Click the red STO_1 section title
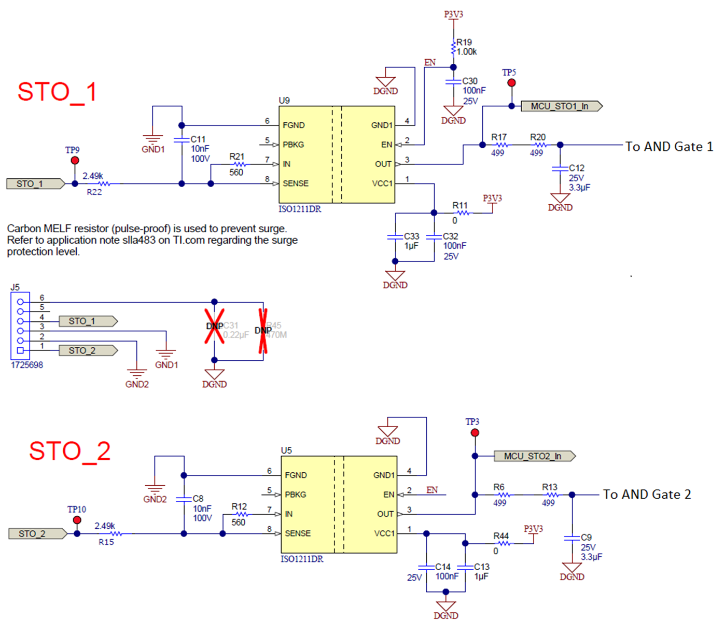tap(57, 92)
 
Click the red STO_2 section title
tap(69, 451)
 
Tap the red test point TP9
tap(75, 161)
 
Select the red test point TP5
tap(511, 83)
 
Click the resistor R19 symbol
tap(453, 48)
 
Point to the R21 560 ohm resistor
tap(239, 164)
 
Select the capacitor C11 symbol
tap(182, 140)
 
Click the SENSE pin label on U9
tap(296, 184)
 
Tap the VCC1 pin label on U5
tap(384, 533)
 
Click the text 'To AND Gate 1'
tap(669, 147)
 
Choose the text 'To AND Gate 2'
tap(647, 495)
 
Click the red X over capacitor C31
tap(214, 326)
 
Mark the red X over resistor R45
tap(263, 331)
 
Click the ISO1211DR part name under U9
tap(300, 209)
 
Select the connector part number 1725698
tap(27, 365)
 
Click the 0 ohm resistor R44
tap(502, 543)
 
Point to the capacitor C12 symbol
tap(560, 168)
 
